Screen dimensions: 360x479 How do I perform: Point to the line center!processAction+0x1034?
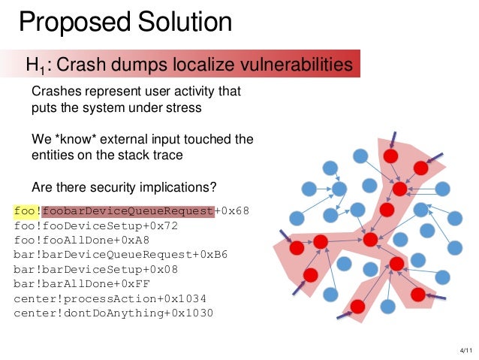coord(110,297)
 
